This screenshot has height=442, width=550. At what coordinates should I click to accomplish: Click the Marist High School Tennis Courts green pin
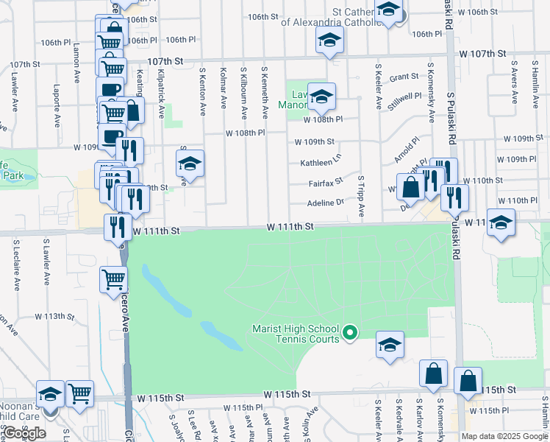pyautogui.click(x=350, y=334)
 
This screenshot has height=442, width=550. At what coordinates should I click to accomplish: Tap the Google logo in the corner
pyautogui.click(x=24, y=433)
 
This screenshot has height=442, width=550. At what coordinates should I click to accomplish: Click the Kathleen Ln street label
pyautogui.click(x=321, y=163)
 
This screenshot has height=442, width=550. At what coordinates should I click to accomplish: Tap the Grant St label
pyautogui.click(x=404, y=77)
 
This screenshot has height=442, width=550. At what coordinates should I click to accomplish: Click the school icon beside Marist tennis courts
pyautogui.click(x=390, y=344)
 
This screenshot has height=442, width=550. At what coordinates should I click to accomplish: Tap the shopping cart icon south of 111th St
pyautogui.click(x=114, y=279)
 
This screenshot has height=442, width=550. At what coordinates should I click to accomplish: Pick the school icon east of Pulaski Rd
pyautogui.click(x=501, y=222)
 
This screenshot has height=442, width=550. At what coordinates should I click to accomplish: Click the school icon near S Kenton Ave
pyautogui.click(x=190, y=164)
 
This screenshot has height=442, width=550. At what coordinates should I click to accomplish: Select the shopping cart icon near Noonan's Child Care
pyautogui.click(x=79, y=393)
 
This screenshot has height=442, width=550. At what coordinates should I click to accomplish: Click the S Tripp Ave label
pyautogui.click(x=361, y=196)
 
